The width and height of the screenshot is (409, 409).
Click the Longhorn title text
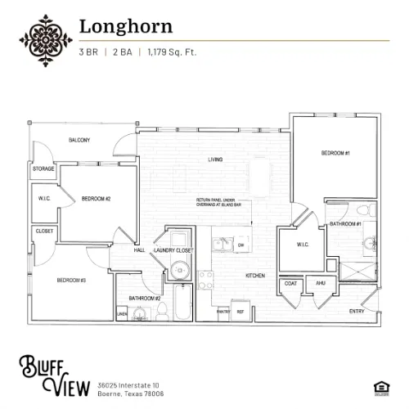(125, 25)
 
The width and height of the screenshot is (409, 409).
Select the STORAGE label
(43, 169)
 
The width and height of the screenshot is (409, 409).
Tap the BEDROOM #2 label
(96, 199)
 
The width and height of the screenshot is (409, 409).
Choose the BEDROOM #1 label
(335, 154)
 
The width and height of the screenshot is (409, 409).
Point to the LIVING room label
(215, 159)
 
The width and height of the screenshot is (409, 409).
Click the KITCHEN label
(255, 276)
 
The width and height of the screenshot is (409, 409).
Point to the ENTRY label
(357, 311)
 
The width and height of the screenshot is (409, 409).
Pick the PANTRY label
(222, 312)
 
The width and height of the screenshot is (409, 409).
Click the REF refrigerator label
(240, 312)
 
